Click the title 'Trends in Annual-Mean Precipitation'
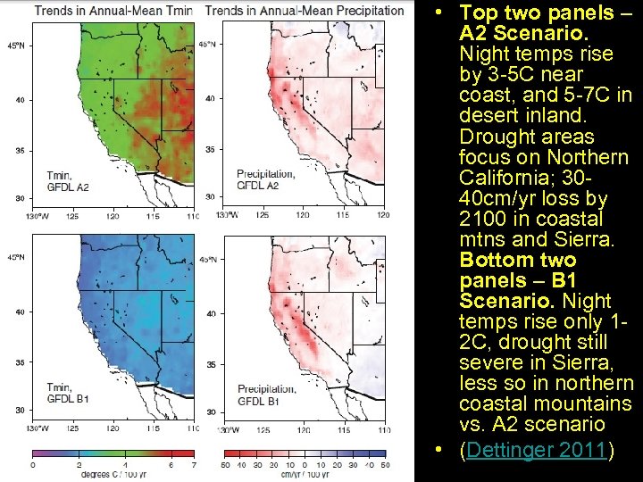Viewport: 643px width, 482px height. click(x=304, y=11)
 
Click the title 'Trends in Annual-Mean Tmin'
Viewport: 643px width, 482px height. click(x=113, y=11)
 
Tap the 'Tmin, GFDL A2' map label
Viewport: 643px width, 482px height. click(x=68, y=180)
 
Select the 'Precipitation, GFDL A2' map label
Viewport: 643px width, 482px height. click(x=258, y=179)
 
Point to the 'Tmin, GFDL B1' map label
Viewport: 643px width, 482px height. click(x=68, y=393)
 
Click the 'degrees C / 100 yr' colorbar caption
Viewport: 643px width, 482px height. click(x=112, y=475)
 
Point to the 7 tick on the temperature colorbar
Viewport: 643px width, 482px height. click(x=193, y=465)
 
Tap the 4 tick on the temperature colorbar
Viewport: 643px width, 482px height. click(x=125, y=465)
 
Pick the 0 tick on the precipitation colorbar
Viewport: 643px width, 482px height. click(x=305, y=465)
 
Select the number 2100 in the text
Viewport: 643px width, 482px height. click(x=483, y=219)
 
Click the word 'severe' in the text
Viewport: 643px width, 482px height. click(x=488, y=362)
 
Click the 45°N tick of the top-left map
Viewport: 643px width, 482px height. click(x=15, y=44)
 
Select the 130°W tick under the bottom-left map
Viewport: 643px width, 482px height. click(x=40, y=429)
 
